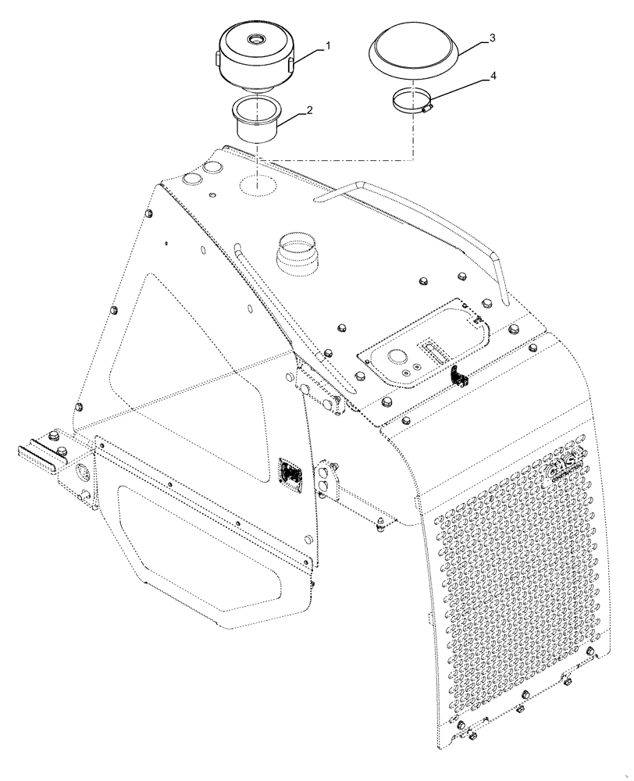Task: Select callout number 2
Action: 310,111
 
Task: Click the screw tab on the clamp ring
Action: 426,110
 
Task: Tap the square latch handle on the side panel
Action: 290,474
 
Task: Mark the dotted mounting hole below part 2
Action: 260,184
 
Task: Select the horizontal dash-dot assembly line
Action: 336,161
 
